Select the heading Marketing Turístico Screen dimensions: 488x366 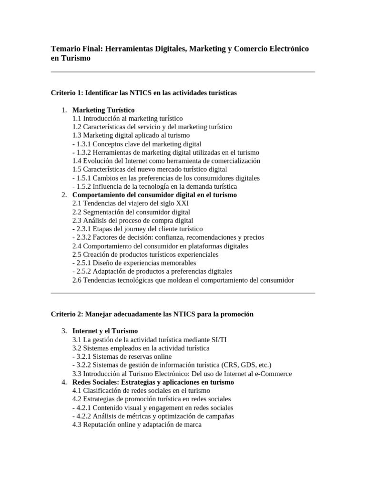click(x=103, y=110)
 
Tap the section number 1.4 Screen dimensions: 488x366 click(x=77, y=161)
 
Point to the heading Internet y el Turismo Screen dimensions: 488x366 click(x=105, y=331)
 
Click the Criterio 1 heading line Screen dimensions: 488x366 click(x=143, y=92)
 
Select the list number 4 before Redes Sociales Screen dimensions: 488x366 click(x=64, y=382)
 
